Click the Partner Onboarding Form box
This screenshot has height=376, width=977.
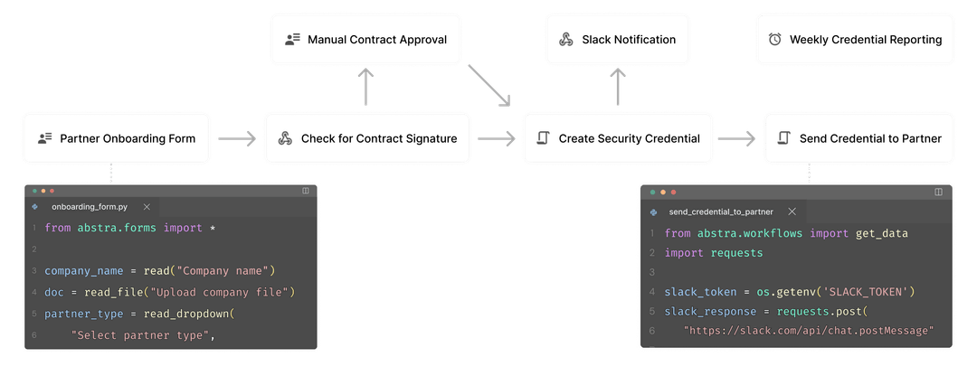point(117,138)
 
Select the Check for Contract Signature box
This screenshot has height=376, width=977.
point(367,138)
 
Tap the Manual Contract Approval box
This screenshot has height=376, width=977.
point(366,40)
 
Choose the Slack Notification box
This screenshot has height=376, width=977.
point(617,40)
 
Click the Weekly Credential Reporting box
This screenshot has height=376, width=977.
point(855,40)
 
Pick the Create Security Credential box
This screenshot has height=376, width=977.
point(618,138)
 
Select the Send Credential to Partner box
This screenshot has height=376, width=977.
point(858,138)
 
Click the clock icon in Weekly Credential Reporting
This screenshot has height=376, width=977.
point(774,40)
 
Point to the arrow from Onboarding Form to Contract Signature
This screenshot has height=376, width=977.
point(237,138)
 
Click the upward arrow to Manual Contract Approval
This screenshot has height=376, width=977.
point(365,88)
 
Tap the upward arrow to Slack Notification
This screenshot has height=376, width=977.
point(617,88)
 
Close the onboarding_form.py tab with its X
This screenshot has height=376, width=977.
point(147,207)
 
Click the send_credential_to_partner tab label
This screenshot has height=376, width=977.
point(722,211)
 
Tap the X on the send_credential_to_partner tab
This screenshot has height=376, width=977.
point(792,211)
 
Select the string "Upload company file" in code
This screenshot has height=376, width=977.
point(222,292)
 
